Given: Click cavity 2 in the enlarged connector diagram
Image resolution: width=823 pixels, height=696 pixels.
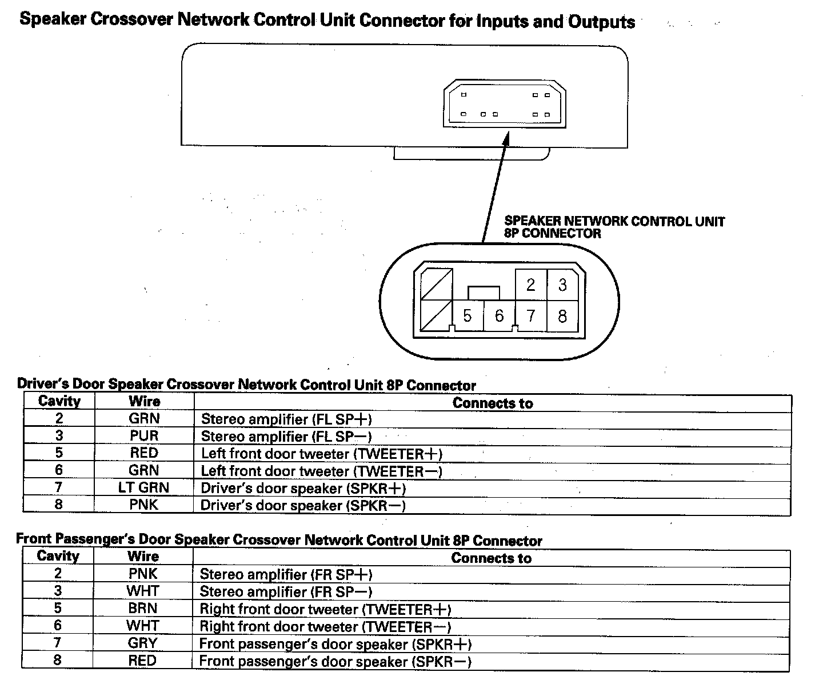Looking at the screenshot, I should (x=531, y=285).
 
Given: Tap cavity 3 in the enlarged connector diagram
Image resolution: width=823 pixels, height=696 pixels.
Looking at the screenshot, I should (x=562, y=285).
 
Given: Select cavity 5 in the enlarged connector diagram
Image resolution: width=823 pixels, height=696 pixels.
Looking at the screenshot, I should (x=468, y=315).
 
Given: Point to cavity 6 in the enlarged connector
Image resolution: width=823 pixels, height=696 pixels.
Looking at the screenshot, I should (x=499, y=315).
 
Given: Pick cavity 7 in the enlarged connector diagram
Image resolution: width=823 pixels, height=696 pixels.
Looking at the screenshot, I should (x=531, y=315).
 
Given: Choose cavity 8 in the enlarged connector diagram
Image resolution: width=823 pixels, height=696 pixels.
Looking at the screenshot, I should (x=562, y=315).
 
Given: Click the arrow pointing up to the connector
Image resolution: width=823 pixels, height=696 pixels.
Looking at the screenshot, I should (x=495, y=189).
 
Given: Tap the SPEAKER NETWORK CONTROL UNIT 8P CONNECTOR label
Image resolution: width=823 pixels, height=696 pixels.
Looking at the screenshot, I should (x=614, y=227).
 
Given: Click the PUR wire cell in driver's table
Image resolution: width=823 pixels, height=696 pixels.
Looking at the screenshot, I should (x=144, y=436).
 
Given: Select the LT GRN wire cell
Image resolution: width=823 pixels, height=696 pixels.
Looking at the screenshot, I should (x=144, y=487).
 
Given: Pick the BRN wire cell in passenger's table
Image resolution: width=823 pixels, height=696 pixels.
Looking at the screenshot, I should (x=143, y=608).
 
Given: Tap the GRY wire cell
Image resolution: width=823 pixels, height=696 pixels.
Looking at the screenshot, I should (x=143, y=643).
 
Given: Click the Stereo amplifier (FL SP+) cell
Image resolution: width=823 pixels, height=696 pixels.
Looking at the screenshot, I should (x=286, y=419).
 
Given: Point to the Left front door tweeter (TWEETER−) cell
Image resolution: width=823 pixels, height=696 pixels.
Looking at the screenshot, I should (x=321, y=471).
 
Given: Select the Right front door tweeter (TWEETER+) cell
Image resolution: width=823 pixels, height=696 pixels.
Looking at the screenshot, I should (x=325, y=609).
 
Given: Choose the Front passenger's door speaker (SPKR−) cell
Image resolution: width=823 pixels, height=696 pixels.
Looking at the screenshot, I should (x=335, y=662).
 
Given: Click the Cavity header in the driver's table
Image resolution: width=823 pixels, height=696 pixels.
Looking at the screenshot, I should (x=59, y=401).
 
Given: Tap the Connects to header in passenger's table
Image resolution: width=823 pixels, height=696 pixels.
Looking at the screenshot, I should (x=491, y=558).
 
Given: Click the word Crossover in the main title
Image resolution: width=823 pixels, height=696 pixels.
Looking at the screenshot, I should (x=132, y=19).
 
